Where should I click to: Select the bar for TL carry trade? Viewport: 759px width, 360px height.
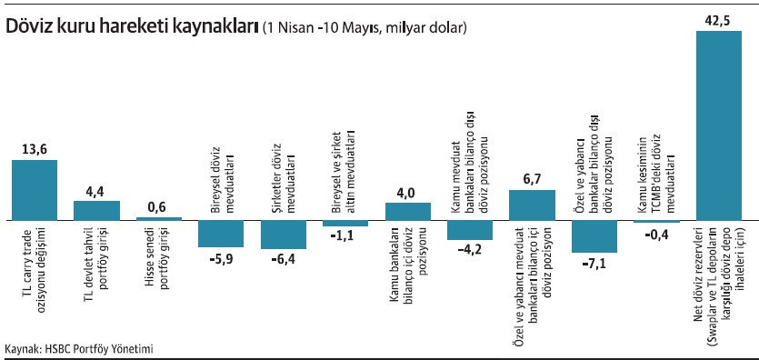pos(35,190)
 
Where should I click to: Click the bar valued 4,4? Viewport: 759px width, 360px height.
pos(96,210)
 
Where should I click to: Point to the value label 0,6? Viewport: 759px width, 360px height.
pos(158,206)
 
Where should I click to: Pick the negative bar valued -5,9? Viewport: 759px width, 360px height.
pos(221,234)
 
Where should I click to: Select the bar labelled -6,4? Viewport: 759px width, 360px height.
pos(283,235)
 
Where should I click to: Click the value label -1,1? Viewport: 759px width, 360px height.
pos(345,235)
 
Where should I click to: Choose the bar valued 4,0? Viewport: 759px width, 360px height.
pos(407,211)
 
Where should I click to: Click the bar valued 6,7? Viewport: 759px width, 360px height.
pos(532,205)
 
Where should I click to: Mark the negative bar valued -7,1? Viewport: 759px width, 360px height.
pos(594,235)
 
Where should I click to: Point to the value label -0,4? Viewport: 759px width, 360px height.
pos(656,233)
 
